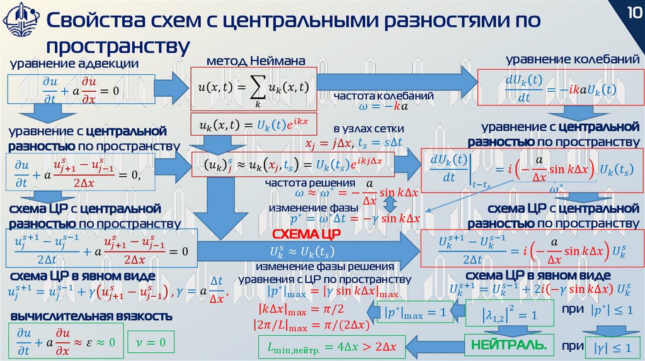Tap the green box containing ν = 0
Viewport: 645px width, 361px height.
click(150, 342)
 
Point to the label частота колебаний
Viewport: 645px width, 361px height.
click(383, 96)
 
